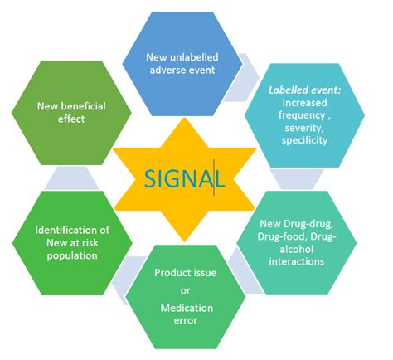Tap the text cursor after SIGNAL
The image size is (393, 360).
[x=214, y=179]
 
